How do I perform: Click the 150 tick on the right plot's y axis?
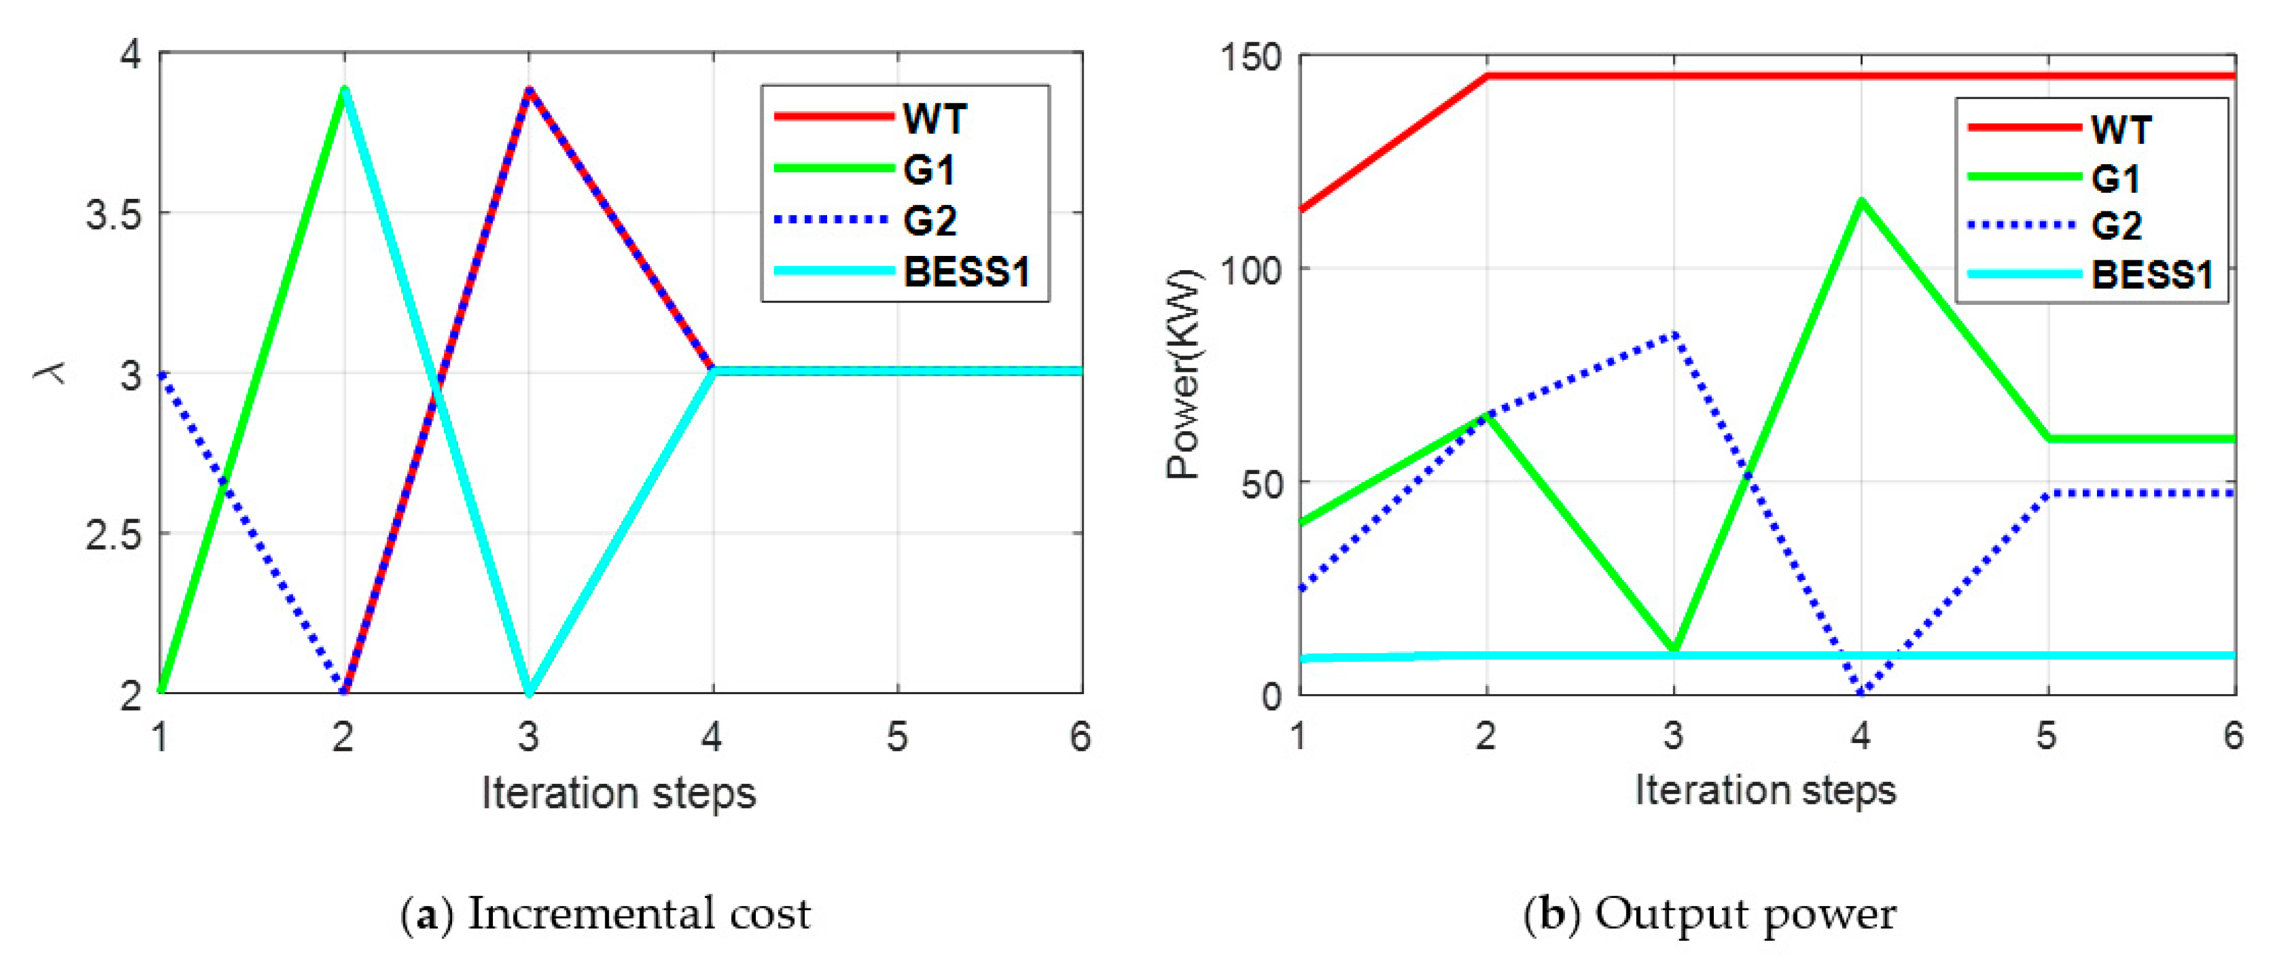point(1249,58)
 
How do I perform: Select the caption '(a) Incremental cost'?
point(606,914)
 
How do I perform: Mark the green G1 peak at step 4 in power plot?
point(1861,201)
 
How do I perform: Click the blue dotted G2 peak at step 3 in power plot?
point(1673,335)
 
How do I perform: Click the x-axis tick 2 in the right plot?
point(1486,736)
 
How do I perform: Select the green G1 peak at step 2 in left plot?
point(344,89)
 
